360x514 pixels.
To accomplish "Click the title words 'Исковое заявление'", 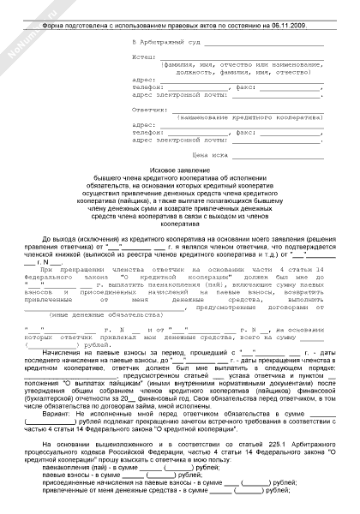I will coord(180,171).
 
